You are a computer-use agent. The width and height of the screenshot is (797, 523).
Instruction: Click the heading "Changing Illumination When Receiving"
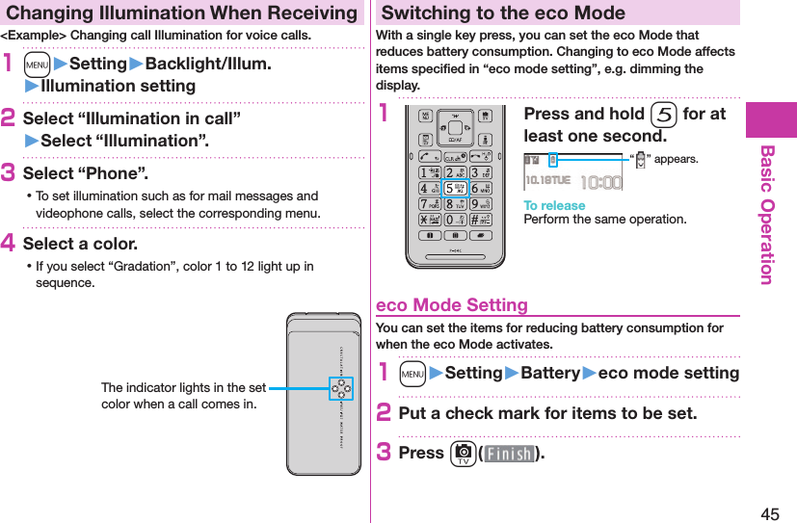pyautogui.click(x=181, y=13)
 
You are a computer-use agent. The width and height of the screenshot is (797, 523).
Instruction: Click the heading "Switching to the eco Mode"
pyautogui.click(x=503, y=13)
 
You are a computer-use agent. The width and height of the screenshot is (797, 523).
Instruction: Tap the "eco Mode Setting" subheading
pyautogui.click(x=451, y=305)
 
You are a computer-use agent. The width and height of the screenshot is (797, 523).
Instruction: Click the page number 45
pyautogui.click(x=770, y=513)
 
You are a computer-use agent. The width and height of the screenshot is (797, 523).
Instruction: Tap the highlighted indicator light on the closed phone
pyautogui.click(x=341, y=388)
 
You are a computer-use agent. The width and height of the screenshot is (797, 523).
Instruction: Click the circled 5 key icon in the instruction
pyautogui.click(x=662, y=115)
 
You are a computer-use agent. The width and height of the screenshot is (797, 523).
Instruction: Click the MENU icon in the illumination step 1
pyautogui.click(x=37, y=65)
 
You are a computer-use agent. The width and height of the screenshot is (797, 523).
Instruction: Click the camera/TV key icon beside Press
pyautogui.click(x=464, y=453)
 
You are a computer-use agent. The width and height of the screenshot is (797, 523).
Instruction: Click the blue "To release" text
pyautogui.click(x=554, y=205)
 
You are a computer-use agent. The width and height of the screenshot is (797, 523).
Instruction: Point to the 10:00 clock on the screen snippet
pyautogui.click(x=601, y=180)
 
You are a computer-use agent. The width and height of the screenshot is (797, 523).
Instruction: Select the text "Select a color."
pyautogui.click(x=80, y=244)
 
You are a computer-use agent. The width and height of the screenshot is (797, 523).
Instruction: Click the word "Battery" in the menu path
pyautogui.click(x=550, y=373)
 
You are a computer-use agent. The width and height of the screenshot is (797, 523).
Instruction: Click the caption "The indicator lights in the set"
pyautogui.click(x=183, y=387)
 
